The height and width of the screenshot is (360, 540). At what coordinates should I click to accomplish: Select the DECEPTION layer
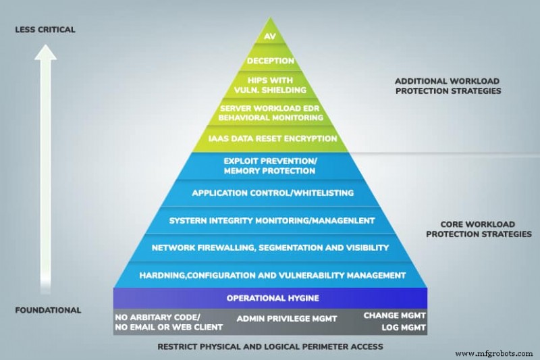[x=270, y=61]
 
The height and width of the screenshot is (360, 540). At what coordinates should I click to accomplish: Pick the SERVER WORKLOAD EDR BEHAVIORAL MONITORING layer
[x=270, y=112]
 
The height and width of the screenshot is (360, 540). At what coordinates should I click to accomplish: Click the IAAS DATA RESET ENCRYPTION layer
[x=270, y=138]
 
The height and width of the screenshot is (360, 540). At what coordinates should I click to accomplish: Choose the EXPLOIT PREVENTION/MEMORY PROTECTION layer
[x=270, y=166]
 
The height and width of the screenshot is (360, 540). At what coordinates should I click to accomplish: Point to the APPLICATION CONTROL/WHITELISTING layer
[x=270, y=193]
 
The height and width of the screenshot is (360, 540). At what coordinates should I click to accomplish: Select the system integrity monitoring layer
[x=270, y=220]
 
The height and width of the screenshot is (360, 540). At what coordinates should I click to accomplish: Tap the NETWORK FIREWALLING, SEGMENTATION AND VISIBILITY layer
[x=270, y=248]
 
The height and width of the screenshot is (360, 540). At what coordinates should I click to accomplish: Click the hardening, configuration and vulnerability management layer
[x=270, y=275]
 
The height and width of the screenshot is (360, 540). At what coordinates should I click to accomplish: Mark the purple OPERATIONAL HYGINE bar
[x=270, y=298]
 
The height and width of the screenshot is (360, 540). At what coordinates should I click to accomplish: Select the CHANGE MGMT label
[x=395, y=315]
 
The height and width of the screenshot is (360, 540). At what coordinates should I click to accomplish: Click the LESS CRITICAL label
[x=46, y=30]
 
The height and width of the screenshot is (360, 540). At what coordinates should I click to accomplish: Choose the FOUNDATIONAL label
[x=49, y=310]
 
